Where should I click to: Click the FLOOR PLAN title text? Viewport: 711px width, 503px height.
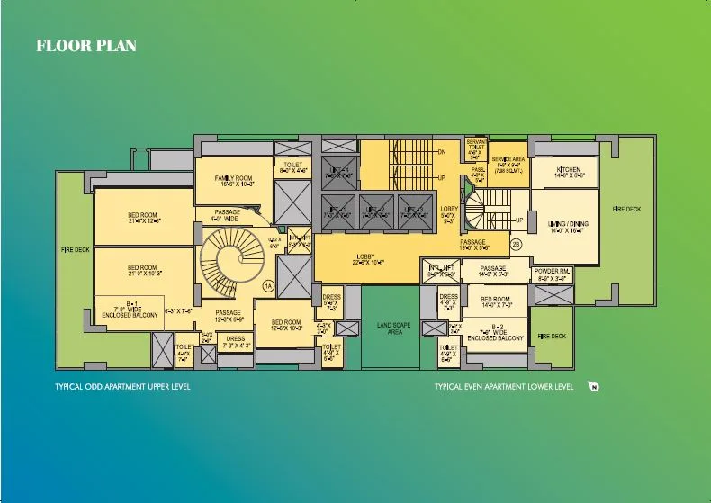click(x=85, y=46)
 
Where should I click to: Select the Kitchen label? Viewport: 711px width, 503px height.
click(x=568, y=172)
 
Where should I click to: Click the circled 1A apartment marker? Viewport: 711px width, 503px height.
click(x=267, y=285)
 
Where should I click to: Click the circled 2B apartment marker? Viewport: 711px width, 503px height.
click(x=517, y=244)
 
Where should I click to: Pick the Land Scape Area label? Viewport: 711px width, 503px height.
click(x=388, y=328)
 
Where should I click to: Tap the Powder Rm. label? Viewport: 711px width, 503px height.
click(x=553, y=274)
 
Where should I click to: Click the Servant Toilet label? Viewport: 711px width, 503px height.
click(x=477, y=148)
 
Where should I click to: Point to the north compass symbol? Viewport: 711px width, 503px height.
click(x=593, y=388)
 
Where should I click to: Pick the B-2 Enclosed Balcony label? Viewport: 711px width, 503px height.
click(x=496, y=333)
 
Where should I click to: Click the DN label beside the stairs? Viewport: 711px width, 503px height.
click(x=441, y=152)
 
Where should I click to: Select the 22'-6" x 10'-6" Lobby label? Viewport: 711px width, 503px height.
click(x=370, y=261)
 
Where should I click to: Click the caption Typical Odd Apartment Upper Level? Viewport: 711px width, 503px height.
click(x=122, y=387)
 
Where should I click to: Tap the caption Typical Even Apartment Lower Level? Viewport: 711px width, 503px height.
click(x=503, y=387)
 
